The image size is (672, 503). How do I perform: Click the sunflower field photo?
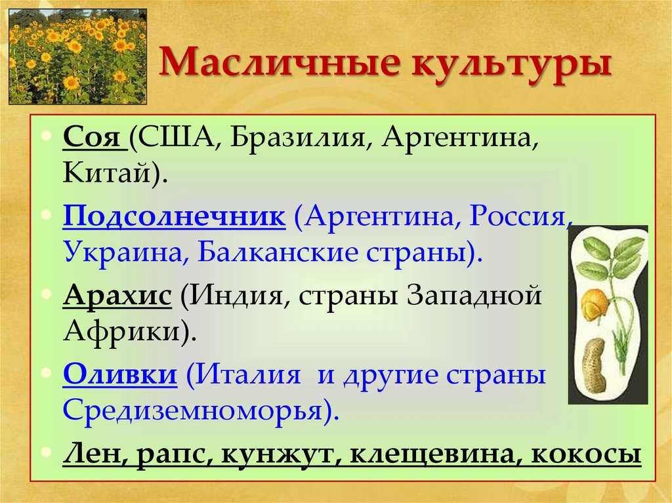[x=78, y=56]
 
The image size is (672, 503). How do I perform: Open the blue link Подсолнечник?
[x=174, y=216]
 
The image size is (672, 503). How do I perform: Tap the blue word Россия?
[x=518, y=216]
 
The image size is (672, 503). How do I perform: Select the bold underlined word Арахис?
[x=117, y=295]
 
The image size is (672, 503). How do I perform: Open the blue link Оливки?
[x=119, y=374]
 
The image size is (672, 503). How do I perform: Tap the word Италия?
[x=249, y=374]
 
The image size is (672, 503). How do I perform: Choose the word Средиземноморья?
[x=192, y=411]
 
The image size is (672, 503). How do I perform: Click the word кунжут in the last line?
[x=277, y=454]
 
